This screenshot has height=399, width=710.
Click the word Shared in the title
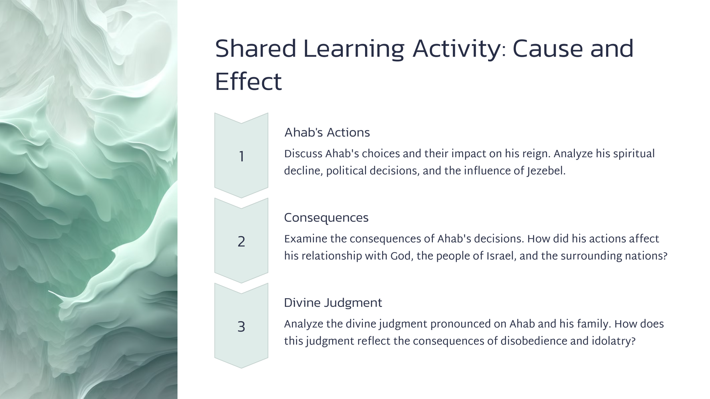point(256,49)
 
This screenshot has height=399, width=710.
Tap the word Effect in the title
point(248,82)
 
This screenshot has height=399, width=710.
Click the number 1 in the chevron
point(241,157)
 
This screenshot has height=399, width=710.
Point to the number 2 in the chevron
point(241,241)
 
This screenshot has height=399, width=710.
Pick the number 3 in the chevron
point(241,327)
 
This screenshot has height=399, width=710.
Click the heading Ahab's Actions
point(327,133)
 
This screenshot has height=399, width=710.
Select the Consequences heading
point(326,218)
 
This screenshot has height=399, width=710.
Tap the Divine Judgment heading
point(333,303)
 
